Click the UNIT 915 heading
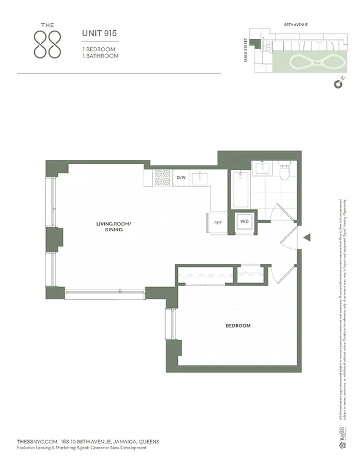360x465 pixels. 99,34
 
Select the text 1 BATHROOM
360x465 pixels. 100,56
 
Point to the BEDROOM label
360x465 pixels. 238,326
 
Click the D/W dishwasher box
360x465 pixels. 181,177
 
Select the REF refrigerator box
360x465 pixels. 218,223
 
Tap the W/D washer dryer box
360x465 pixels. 244,222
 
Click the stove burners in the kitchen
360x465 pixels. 162,177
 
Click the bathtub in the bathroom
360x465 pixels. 241,189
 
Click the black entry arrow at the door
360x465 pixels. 308,237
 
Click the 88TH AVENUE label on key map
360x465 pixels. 295,26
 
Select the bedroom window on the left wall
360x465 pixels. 170,324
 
